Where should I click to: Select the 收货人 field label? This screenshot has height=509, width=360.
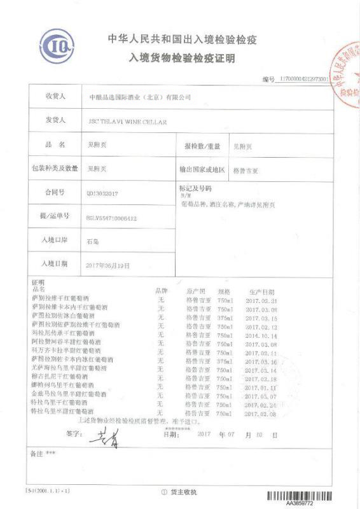tap(55, 97)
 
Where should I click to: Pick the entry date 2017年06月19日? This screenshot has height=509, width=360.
tap(107, 265)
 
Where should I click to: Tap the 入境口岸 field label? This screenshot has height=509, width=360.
tap(55, 240)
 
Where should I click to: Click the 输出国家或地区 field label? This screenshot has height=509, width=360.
tap(202, 170)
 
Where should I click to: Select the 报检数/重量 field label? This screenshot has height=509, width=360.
tap(202, 146)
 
